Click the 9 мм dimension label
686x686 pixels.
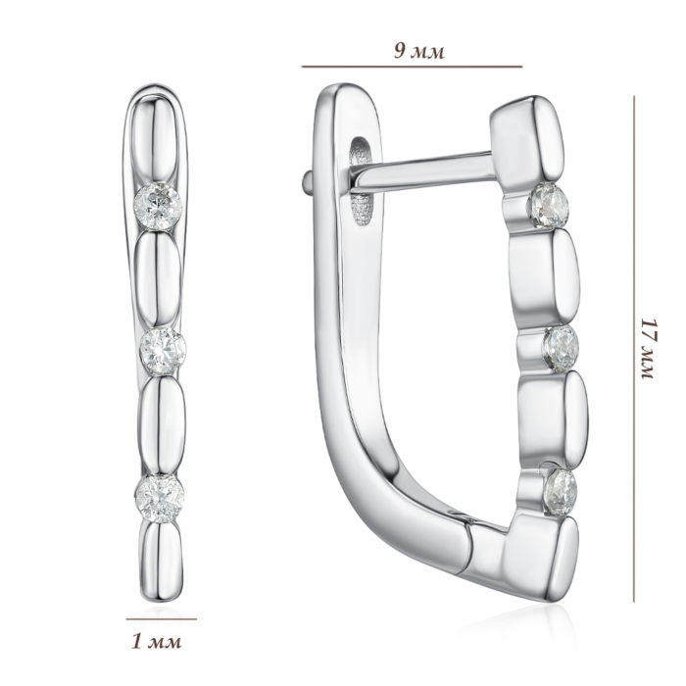tap(418, 52)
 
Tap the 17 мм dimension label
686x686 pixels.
tap(648, 349)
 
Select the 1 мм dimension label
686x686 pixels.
tap(156, 642)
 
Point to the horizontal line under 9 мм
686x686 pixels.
tap(412, 67)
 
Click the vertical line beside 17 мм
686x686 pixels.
tap(633, 349)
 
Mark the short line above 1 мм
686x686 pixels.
tap(161, 619)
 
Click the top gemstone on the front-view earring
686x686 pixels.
tap(158, 207)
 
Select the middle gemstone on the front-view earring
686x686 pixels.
tap(163, 351)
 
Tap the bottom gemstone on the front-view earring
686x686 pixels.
tap(159, 497)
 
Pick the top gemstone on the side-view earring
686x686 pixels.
tap(549, 205)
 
